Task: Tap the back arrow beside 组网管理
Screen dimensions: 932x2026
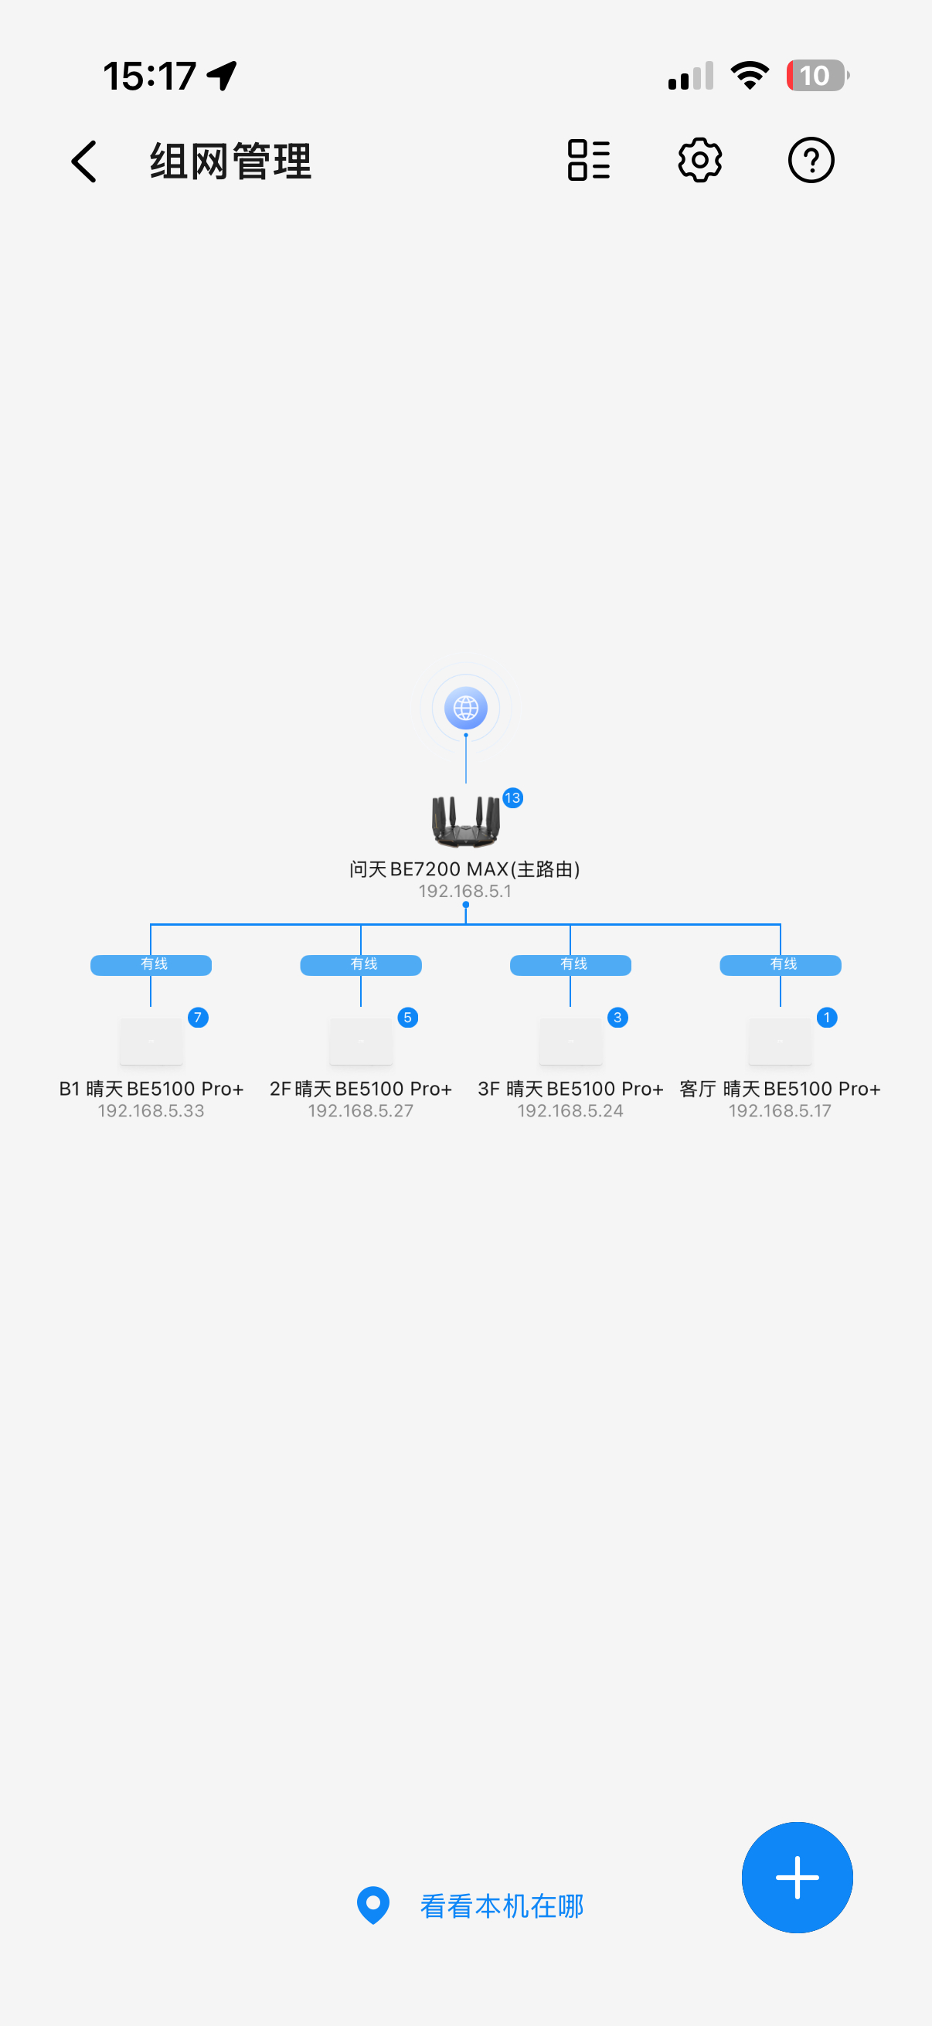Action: (84, 161)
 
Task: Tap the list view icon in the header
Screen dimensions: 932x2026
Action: (589, 161)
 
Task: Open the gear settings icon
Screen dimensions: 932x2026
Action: (700, 161)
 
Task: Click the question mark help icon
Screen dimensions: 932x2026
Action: (811, 161)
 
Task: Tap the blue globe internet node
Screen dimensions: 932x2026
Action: (465, 708)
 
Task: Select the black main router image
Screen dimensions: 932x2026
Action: (465, 821)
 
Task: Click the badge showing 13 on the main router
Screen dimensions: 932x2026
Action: (513, 798)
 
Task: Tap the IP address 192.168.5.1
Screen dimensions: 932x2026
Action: (464, 891)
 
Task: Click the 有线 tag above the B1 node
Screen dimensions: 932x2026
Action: (151, 965)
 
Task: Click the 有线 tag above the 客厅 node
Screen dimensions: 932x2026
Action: (781, 965)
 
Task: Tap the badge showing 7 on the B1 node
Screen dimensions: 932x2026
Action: (198, 1018)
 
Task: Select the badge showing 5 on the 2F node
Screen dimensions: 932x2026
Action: (407, 1018)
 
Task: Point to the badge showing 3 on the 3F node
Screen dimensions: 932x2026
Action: (617, 1018)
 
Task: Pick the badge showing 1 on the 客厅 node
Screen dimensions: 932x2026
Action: (827, 1018)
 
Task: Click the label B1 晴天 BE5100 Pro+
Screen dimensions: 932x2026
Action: (151, 1089)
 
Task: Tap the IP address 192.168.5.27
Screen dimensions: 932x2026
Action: (360, 1110)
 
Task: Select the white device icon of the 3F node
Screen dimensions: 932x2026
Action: (571, 1042)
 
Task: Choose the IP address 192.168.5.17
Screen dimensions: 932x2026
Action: (780, 1110)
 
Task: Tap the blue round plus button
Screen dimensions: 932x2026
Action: (798, 1878)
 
